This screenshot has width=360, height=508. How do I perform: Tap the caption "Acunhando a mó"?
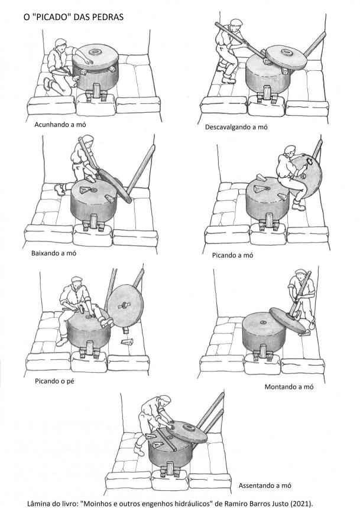(x=60, y=125)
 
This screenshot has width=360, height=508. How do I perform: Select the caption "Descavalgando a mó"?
(x=236, y=127)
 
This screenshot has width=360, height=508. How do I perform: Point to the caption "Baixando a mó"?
(x=54, y=253)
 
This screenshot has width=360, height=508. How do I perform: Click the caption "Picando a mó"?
(x=232, y=255)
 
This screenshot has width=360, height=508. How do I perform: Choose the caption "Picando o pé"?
(x=54, y=382)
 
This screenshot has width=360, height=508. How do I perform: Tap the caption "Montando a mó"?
(x=289, y=386)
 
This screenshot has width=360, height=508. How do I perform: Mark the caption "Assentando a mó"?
(x=265, y=486)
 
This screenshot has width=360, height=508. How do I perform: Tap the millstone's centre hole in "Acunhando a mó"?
(x=95, y=51)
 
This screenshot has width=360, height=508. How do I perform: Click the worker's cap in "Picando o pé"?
(x=76, y=279)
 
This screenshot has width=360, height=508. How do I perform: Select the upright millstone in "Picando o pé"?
(x=125, y=306)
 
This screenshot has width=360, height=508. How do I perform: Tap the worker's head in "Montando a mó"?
(x=300, y=274)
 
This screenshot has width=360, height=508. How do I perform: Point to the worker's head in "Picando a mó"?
(x=290, y=151)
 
